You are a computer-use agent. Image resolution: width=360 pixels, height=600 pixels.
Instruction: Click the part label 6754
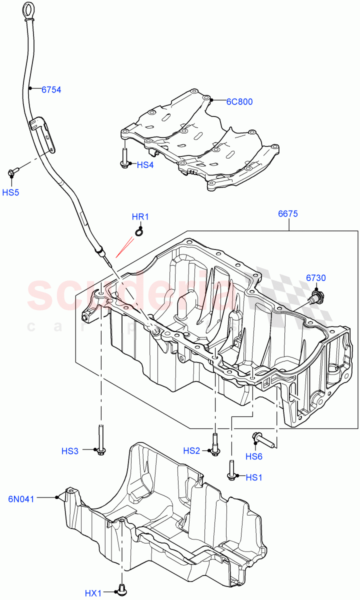click(51, 90)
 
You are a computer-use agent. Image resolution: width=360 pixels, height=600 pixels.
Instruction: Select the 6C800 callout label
click(239, 101)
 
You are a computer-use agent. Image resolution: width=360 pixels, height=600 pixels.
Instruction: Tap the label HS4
click(145, 164)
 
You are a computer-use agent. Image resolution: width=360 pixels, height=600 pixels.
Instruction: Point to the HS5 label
click(10, 192)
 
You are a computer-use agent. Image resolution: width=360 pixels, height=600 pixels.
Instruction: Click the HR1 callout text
click(140, 217)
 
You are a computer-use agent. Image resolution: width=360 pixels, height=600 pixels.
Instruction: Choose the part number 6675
click(288, 214)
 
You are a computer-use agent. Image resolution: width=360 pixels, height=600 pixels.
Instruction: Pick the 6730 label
click(316, 277)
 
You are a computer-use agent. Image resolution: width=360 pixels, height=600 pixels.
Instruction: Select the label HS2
click(191, 450)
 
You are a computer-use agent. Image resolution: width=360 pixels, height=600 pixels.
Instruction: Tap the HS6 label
click(254, 456)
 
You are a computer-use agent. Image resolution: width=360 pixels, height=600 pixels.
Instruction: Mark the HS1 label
click(254, 477)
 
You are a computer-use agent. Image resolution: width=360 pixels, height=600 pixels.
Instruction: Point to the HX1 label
click(93, 593)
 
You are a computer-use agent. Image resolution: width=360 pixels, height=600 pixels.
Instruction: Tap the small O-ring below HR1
click(139, 231)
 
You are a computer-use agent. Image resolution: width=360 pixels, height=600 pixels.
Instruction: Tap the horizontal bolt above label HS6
click(264, 439)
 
